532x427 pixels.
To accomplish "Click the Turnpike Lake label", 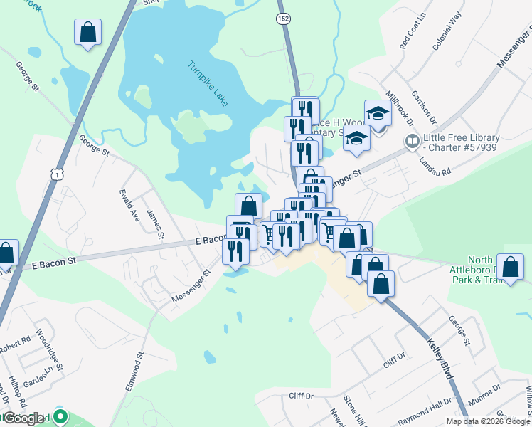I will coord(208,84).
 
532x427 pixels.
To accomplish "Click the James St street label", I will coord(154,224).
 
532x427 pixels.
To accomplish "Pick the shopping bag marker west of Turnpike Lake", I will coord(87,33).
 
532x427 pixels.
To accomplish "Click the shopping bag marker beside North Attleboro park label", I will coord(510,268).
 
